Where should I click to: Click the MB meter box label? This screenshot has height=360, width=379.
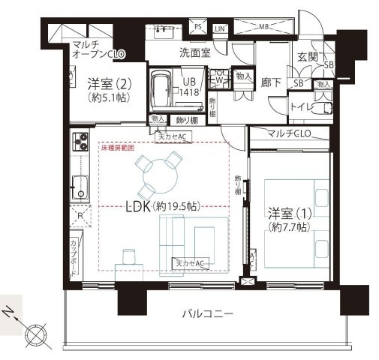pyautogui.click(x=265, y=28)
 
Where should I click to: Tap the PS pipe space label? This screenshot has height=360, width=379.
pyautogui.click(x=198, y=28)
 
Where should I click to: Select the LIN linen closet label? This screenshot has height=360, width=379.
pyautogui.click(x=219, y=28)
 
